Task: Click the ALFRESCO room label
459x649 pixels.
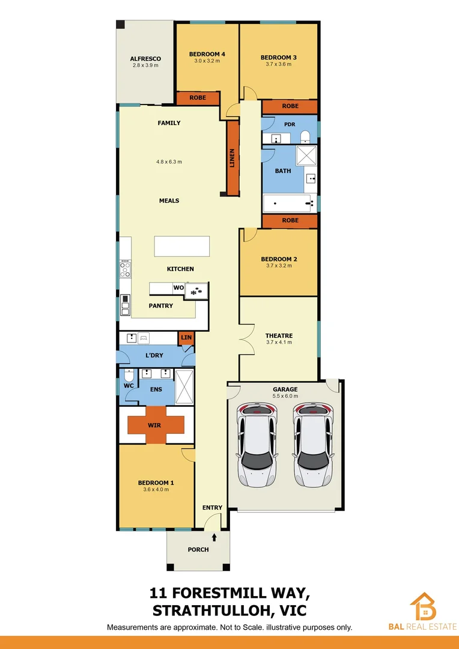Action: [x=145, y=59]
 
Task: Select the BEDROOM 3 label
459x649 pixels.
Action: [x=278, y=58]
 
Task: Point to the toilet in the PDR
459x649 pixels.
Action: [x=305, y=136]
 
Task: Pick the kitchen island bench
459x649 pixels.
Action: [x=182, y=246]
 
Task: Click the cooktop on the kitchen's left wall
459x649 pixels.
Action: [x=125, y=268]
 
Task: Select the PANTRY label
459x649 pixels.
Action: [x=161, y=306]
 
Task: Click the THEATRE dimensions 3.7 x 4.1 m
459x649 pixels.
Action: [x=279, y=343]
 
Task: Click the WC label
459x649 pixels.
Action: [x=129, y=386]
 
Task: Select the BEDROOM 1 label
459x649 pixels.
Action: [x=156, y=483]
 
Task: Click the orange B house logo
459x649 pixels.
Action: [x=424, y=606]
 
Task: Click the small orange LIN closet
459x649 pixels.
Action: [x=186, y=338]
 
